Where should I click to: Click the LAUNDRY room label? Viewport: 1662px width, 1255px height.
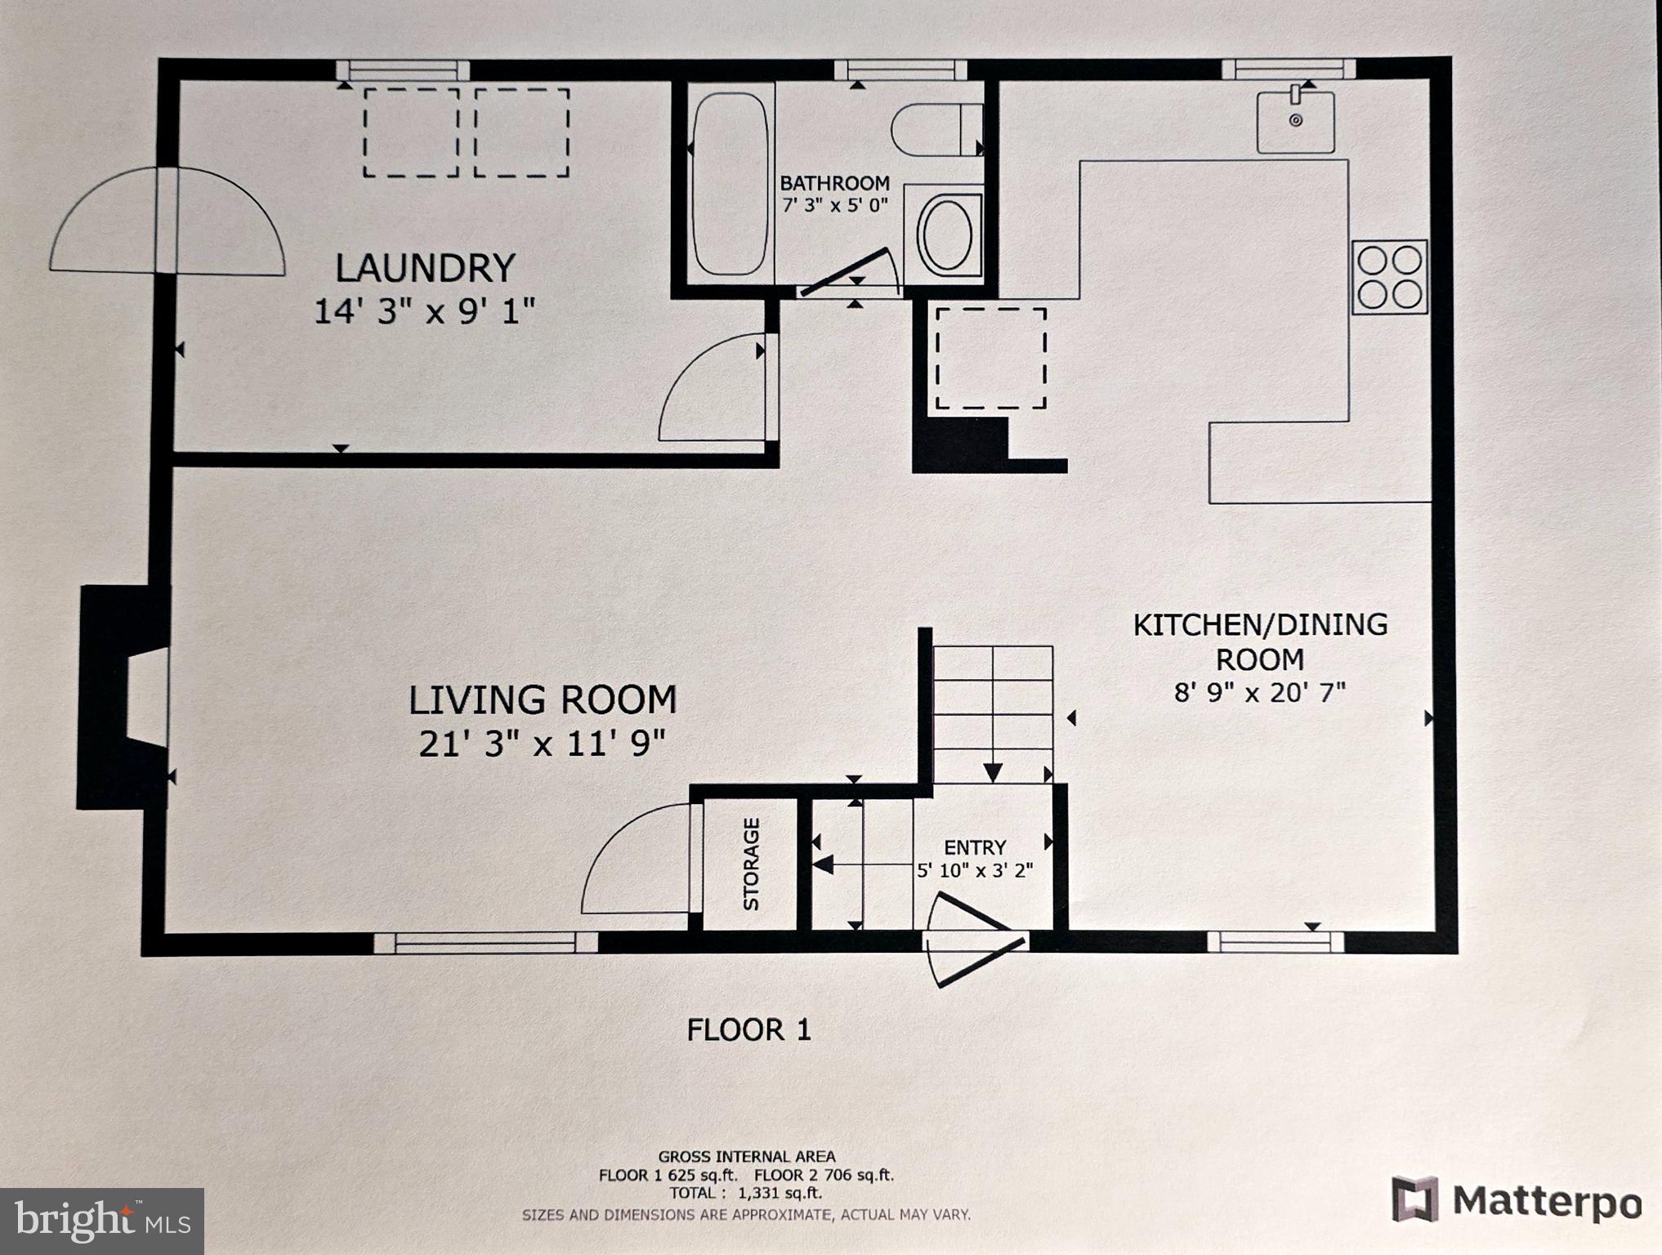[x=425, y=268]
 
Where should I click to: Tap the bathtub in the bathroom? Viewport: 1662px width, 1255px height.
[x=730, y=183]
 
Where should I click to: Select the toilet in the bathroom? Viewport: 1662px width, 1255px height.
[x=936, y=129]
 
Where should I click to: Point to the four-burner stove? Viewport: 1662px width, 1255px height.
[x=1389, y=277]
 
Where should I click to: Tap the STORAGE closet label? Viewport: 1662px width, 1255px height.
[x=751, y=864]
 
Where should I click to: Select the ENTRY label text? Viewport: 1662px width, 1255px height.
[x=974, y=847]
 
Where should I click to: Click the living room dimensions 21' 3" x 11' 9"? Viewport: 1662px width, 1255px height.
[x=542, y=744]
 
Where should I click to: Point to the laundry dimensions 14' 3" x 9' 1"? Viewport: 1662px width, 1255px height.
[x=424, y=311]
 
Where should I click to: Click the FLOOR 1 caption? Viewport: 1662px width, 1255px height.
[x=748, y=1029]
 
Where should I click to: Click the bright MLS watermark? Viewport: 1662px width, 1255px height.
[x=102, y=1221]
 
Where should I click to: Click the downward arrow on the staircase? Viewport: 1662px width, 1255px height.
[x=992, y=770]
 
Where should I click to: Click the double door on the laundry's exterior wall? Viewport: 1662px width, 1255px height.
[x=168, y=221]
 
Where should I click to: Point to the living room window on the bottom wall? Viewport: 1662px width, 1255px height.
[x=485, y=943]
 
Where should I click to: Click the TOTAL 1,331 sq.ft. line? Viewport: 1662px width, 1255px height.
[x=745, y=1193]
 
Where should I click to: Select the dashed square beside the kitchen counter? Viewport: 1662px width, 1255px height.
[x=990, y=358]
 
